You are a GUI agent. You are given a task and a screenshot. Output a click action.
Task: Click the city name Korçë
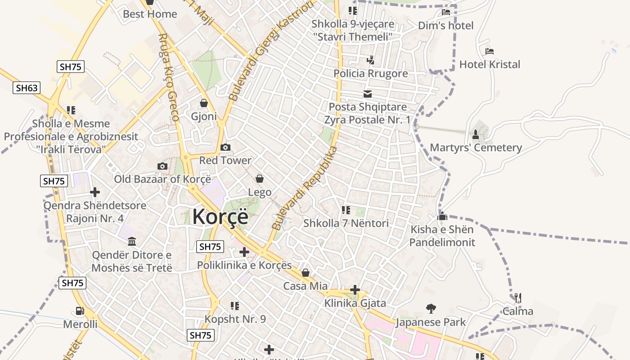tap(220, 217)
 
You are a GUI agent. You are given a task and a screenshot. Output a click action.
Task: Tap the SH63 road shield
tap(27, 87)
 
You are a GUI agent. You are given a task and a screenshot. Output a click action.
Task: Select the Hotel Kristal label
tap(490, 64)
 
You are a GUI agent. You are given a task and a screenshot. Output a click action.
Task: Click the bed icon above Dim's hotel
tap(446, 12)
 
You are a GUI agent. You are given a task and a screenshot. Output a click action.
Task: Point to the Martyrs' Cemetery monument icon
tap(476, 134)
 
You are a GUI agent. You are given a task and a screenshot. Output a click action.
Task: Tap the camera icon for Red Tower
tap(225, 147)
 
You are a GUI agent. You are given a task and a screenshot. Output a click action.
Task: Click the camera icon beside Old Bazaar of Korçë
tap(162, 166)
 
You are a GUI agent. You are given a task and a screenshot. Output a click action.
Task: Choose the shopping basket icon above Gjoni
tap(204, 103)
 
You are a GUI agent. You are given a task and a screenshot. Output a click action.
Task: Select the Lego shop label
tap(260, 192)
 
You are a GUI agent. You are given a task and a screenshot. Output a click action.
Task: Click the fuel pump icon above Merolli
tap(80, 310)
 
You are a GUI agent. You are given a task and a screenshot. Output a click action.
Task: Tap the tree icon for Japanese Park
tap(431, 309)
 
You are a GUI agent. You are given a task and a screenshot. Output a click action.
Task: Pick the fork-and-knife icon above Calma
tap(517, 297)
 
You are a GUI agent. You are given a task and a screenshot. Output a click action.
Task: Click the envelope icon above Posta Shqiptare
tap(368, 94)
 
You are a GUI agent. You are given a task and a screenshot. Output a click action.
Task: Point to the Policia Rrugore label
tap(370, 73)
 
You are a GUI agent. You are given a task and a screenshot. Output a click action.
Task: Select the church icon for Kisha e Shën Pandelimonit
tap(442, 216)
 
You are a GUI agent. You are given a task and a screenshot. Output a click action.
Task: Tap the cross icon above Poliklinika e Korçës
tap(244, 252)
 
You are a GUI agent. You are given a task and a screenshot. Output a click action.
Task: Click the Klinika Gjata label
tap(355, 303)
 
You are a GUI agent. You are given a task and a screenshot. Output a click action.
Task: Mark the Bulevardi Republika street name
tap(305, 188)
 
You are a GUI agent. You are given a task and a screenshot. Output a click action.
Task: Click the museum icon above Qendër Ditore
tap(132, 242)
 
